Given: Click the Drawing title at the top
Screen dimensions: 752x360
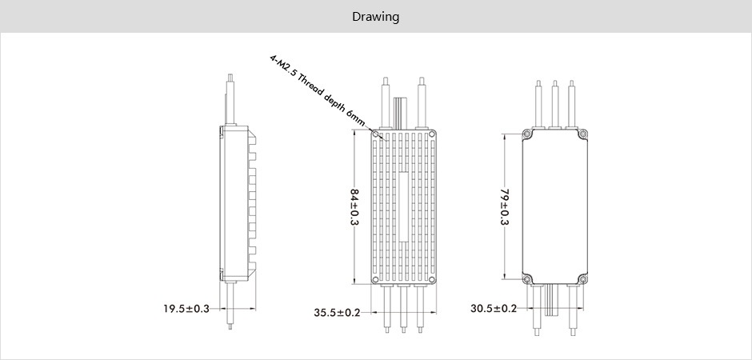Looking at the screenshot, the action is [375, 17].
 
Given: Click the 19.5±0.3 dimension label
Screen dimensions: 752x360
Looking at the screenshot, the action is [186, 309].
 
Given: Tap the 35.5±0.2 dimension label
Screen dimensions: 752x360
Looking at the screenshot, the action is [337, 313].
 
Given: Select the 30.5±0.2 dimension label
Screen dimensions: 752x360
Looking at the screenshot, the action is [494, 308].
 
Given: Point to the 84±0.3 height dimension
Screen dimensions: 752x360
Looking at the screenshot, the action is [355, 206].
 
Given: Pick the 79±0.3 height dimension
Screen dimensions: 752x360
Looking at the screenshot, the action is [505, 207].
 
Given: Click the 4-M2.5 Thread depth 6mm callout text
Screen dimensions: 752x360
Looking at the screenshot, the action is [318, 91].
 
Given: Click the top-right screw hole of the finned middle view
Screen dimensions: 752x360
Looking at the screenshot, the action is [432, 134].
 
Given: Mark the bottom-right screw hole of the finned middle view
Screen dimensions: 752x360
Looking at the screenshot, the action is [432, 279].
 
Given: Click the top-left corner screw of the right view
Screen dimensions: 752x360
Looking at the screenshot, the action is [526, 134].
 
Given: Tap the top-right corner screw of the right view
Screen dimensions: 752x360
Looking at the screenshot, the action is [583, 134].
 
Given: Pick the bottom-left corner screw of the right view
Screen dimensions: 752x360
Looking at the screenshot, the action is [526, 279].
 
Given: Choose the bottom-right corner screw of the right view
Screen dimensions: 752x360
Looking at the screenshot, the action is [583, 279].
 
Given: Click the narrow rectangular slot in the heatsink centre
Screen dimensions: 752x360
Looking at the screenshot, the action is [403, 206].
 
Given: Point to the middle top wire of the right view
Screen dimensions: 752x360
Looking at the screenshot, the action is [555, 104].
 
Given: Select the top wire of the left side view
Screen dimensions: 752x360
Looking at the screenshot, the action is [230, 100].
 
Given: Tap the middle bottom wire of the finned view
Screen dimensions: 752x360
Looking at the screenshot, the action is [403, 308].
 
